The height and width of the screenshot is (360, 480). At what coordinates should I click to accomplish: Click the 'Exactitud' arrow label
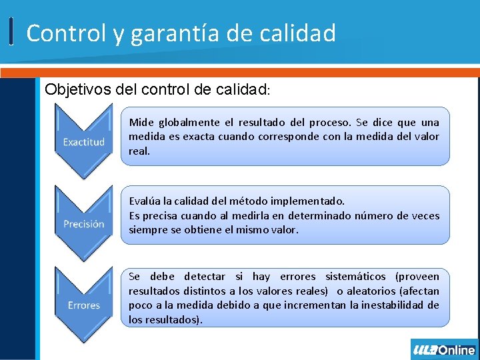(84, 142)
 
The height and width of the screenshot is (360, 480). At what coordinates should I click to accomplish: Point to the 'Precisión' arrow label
(84, 224)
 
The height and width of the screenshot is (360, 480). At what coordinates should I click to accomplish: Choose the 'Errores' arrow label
(84, 305)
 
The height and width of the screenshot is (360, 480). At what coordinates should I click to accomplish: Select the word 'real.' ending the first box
(139, 151)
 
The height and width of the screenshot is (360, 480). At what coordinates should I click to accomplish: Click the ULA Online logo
(444, 350)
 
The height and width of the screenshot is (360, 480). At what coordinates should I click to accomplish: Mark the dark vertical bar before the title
(12, 32)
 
